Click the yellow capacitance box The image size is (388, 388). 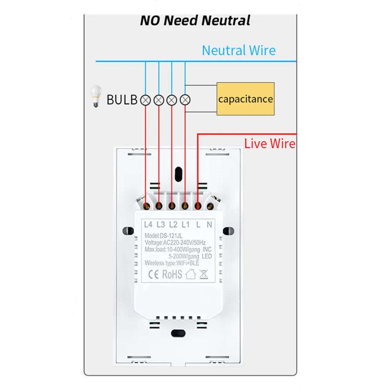pos(245,99)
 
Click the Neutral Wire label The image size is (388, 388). pos(239,50)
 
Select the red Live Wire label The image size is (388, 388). pos(270,144)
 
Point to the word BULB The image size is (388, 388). pos(122,100)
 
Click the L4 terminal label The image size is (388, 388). pos(148,224)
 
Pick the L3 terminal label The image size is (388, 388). pos(161,224)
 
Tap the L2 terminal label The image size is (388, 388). pos(173,224)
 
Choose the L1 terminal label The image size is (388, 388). pos(186,224)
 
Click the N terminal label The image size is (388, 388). pos(210,224)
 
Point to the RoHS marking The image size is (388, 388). pos(172,274)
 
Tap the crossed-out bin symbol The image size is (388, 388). pos(203,274)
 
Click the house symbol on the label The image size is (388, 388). pos(190,274)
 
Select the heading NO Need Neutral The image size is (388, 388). pos(195,20)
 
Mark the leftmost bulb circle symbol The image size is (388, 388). pos(146,100)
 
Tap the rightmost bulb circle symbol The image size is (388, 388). pos(186,100)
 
